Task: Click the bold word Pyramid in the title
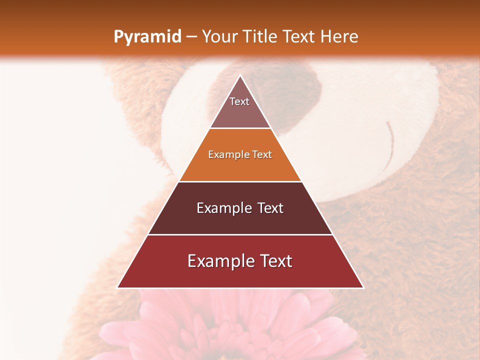(x=147, y=36)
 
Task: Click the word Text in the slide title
(x=299, y=36)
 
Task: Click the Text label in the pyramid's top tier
(x=239, y=101)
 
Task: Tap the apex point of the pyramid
(x=240, y=76)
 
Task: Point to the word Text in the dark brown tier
(x=270, y=208)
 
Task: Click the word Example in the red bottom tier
(x=218, y=261)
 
